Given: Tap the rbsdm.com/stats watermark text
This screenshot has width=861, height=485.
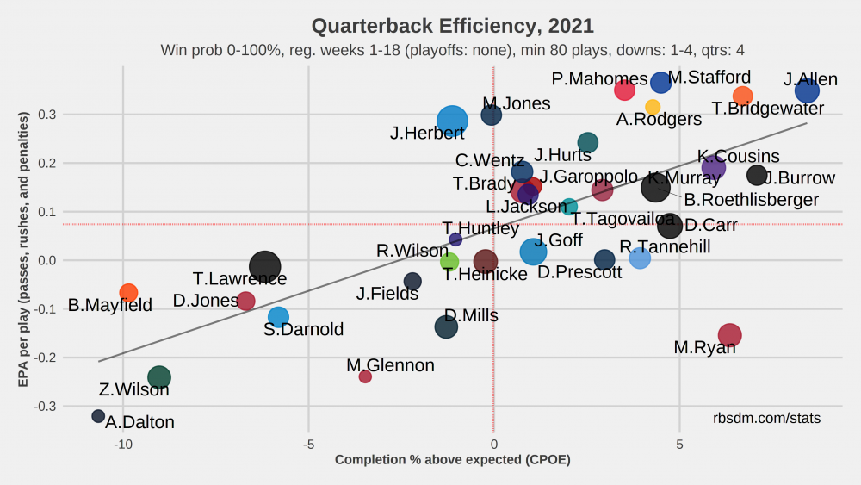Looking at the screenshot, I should tap(766, 418).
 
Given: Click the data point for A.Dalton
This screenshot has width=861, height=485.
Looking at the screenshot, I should tap(98, 416).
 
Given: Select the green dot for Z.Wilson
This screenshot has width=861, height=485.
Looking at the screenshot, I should tap(158, 377).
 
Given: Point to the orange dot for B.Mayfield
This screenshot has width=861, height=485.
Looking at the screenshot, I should tap(128, 293).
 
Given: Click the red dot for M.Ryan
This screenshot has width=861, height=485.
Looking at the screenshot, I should tap(730, 335).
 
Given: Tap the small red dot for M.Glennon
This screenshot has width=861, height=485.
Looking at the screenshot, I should tap(365, 376).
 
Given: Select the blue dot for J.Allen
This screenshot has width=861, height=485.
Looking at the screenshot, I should tap(807, 90).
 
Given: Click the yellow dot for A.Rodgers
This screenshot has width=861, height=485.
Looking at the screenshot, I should tap(653, 107).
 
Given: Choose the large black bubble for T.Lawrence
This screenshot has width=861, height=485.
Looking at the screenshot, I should tap(265, 267).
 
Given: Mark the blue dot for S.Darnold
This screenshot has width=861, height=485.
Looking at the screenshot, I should tap(278, 317).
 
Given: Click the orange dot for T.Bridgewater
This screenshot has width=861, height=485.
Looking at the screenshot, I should tap(743, 96).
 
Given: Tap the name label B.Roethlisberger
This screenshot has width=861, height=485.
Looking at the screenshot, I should tap(751, 201).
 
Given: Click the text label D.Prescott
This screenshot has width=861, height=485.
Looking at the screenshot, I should tap(579, 272).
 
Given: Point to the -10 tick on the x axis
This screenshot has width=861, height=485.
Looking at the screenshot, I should tap(123, 445).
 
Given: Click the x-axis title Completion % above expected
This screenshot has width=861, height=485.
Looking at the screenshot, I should tap(452, 460).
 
